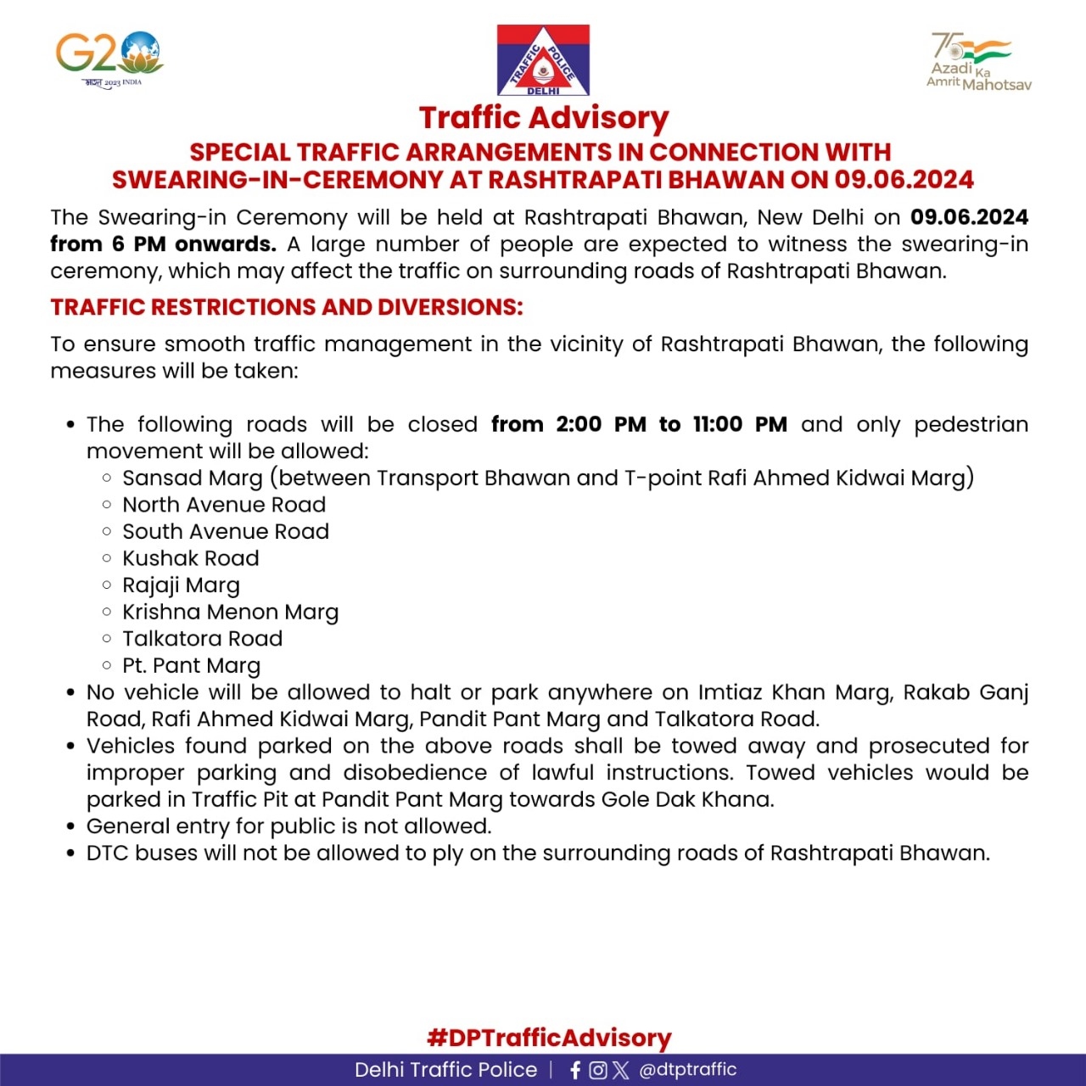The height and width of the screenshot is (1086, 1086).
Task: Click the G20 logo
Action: (109, 58)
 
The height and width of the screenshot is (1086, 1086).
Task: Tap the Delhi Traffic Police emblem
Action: (543, 60)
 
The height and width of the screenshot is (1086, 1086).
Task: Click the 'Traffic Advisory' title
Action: (544, 118)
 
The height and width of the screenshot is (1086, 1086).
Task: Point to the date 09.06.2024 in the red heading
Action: (904, 180)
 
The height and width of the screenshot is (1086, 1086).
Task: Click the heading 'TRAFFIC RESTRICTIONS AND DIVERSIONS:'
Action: (287, 307)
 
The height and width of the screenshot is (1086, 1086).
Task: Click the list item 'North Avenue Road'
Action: (224, 505)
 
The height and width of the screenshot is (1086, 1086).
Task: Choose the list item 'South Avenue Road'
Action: (226, 532)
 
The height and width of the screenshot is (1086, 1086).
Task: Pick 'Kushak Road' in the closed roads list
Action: (191, 558)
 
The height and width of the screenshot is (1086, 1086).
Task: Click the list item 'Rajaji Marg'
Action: (181, 585)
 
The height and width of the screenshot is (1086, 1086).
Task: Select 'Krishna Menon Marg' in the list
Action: (230, 613)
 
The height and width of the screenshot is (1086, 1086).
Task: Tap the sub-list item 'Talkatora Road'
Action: (202, 639)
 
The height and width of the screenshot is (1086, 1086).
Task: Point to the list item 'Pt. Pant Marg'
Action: (191, 666)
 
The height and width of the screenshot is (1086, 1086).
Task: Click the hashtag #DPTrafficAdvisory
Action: (549, 1038)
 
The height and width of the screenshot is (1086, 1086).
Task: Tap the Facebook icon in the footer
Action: (575, 1070)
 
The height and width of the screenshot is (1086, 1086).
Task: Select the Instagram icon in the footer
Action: (598, 1070)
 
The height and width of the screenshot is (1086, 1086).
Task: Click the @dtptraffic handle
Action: (687, 1070)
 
